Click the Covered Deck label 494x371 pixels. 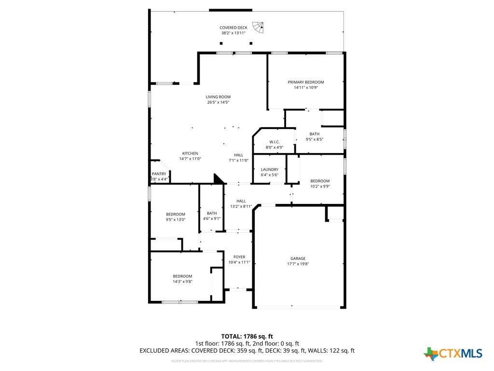pos(233,28)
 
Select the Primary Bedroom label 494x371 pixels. pos(306,82)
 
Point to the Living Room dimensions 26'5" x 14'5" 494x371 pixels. pos(218,102)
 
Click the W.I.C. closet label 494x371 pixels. pos(274,142)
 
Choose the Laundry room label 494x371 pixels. pos(270,169)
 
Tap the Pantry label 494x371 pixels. pos(159,174)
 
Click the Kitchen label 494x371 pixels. pos(190,153)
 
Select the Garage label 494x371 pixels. pos(298,258)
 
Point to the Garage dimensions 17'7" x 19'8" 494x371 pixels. pos(298,264)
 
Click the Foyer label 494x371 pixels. pos(239,257)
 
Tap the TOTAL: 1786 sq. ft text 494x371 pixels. pos(247,336)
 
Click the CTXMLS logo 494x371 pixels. pos(453,354)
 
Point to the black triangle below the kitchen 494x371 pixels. pos(219,179)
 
